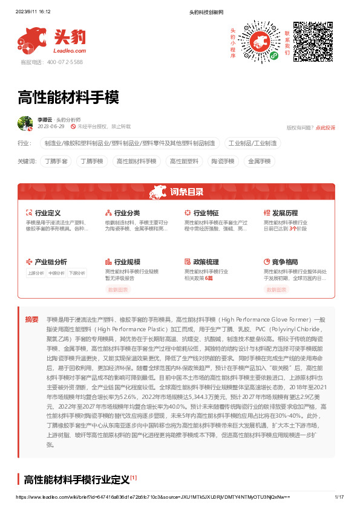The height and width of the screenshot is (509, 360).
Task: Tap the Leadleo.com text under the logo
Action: pos(71,51)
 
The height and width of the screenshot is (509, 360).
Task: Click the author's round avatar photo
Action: pos(25,123)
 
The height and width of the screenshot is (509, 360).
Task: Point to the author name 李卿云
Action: pos(45,120)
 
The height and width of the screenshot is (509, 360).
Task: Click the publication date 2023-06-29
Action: pos(50,127)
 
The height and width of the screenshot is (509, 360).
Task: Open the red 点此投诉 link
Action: pos(326,128)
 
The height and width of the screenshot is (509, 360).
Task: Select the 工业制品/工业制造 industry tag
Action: pos(252,143)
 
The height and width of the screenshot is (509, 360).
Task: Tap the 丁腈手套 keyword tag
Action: pos(57,161)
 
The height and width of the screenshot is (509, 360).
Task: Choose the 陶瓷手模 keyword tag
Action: pos(222,161)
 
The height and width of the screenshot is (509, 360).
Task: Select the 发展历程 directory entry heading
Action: pos(284,213)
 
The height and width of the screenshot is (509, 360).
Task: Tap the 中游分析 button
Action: pos(56,273)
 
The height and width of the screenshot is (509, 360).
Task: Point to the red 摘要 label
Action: pos(31,319)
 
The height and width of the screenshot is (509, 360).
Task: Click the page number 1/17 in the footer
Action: pos(339,496)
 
